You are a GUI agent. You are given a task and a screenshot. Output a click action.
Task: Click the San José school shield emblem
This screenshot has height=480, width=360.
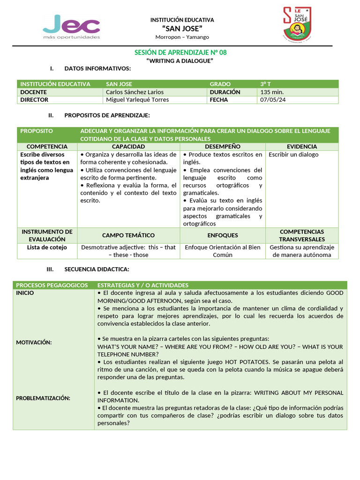point(296,26)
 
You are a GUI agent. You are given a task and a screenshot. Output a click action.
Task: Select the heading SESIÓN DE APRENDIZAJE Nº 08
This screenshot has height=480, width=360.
point(180,52)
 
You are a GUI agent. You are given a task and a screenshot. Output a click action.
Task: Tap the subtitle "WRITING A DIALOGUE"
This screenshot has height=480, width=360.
point(180,61)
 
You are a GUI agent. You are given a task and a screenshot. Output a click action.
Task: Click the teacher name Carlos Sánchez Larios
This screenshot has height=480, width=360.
point(135,92)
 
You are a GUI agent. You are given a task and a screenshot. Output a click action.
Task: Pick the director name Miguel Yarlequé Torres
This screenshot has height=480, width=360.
point(137,99)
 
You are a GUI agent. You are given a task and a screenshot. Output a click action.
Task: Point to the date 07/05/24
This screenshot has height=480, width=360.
point(272,99)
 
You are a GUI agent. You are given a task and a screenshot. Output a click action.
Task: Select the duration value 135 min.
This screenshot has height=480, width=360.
point(272,92)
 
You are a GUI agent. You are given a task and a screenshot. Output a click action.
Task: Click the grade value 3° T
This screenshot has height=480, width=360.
point(266,84)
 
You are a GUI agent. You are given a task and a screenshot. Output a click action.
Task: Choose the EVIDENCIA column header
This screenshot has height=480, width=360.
point(301,147)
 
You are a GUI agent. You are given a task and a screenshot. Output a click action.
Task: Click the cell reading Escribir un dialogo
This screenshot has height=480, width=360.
point(293,155)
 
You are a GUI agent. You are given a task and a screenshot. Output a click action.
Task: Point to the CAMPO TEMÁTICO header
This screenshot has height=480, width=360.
point(128,235)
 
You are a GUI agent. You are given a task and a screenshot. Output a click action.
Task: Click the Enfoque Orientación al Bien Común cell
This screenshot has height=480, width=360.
point(223,251)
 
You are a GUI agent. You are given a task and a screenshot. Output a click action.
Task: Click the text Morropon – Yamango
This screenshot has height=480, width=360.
point(182,37)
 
